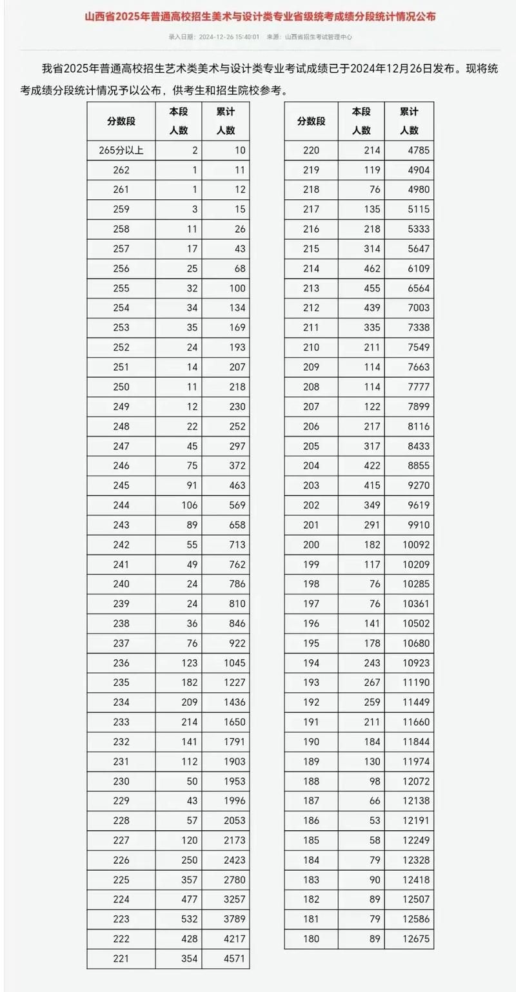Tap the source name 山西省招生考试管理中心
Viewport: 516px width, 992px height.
pos(319,37)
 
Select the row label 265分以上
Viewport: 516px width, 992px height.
pos(121,151)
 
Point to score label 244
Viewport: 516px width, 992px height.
pos(121,505)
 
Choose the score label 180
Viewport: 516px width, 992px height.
pos(311,939)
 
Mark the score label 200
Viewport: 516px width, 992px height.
pos(311,545)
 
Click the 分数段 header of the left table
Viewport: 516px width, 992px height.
pos(121,121)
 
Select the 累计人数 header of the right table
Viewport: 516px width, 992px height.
pos(409,121)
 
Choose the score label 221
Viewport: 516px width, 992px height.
pos(121,958)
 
